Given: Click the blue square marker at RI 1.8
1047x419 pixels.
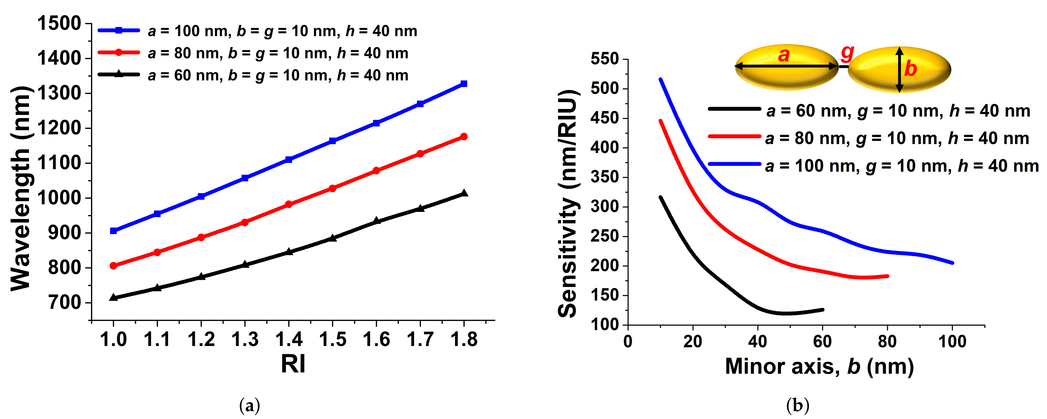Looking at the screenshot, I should pos(464,84).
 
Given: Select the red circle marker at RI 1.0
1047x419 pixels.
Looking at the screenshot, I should pos(113,266).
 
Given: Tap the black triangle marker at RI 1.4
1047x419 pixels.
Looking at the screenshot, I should pos(289,252).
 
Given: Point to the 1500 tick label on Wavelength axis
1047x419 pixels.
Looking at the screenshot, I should pos(59,24).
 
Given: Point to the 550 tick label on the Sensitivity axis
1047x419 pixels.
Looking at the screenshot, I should pos(604,59).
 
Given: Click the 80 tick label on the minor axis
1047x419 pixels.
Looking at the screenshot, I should pos(887,341).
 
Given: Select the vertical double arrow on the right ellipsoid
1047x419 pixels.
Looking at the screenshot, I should pos(899,69).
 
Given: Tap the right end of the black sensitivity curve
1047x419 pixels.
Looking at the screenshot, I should pos(823,310).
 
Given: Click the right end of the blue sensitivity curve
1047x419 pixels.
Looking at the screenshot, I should pos(952,263).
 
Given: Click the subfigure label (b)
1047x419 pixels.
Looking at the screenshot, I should pos(797,406).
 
